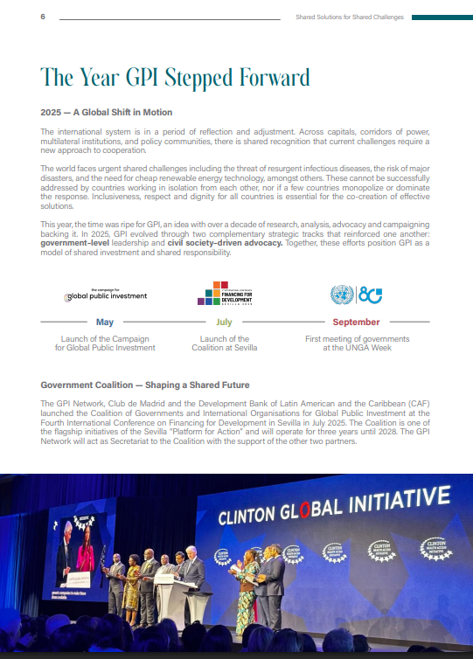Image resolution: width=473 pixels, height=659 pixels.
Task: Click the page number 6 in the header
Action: point(43,17)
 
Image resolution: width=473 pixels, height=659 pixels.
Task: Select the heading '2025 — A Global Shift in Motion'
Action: point(107,113)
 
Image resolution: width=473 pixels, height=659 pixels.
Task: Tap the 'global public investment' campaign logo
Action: point(105,295)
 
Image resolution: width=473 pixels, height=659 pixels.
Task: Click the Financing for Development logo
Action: point(225,294)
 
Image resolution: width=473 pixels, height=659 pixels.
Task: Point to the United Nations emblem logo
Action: point(342,295)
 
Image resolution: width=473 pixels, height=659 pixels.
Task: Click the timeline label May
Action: point(105,323)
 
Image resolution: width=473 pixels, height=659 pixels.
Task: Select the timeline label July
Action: point(225,323)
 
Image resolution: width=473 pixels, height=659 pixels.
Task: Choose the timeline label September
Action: point(356,323)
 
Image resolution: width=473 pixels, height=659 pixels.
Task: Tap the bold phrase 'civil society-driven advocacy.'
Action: point(226,244)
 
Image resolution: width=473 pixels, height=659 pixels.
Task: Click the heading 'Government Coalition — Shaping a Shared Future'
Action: point(145,385)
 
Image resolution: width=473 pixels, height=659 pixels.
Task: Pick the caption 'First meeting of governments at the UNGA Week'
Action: point(356,343)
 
